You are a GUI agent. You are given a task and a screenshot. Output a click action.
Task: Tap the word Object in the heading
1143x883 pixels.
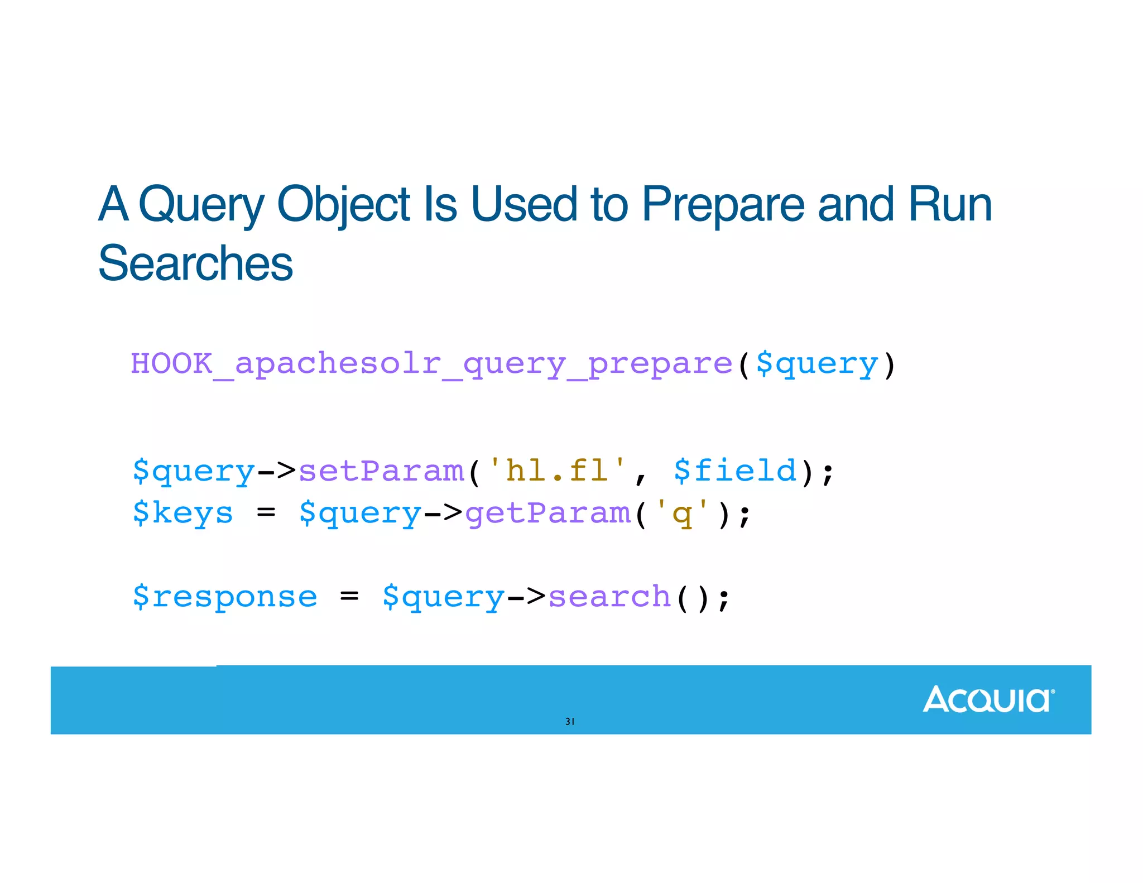point(343,204)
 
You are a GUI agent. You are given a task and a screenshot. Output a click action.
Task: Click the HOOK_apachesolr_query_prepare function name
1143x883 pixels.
point(431,364)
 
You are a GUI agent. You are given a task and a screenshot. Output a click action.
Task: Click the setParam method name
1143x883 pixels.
point(382,471)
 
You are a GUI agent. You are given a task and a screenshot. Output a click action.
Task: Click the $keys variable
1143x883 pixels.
point(183,513)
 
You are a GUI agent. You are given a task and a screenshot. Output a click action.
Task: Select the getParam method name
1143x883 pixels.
point(548,513)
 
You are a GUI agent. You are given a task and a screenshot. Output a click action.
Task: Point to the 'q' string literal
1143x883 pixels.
point(682,513)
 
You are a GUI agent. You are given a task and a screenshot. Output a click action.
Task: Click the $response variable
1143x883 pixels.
point(225,597)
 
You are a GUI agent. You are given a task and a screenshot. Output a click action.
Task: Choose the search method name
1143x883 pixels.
point(609,597)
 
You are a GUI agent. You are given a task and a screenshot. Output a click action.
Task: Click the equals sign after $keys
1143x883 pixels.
point(266,512)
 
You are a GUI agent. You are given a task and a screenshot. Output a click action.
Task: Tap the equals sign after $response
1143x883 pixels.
point(349,596)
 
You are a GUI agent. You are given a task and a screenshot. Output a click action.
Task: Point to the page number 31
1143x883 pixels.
point(570,721)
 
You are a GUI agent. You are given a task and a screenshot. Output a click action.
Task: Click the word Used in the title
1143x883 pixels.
point(524,204)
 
